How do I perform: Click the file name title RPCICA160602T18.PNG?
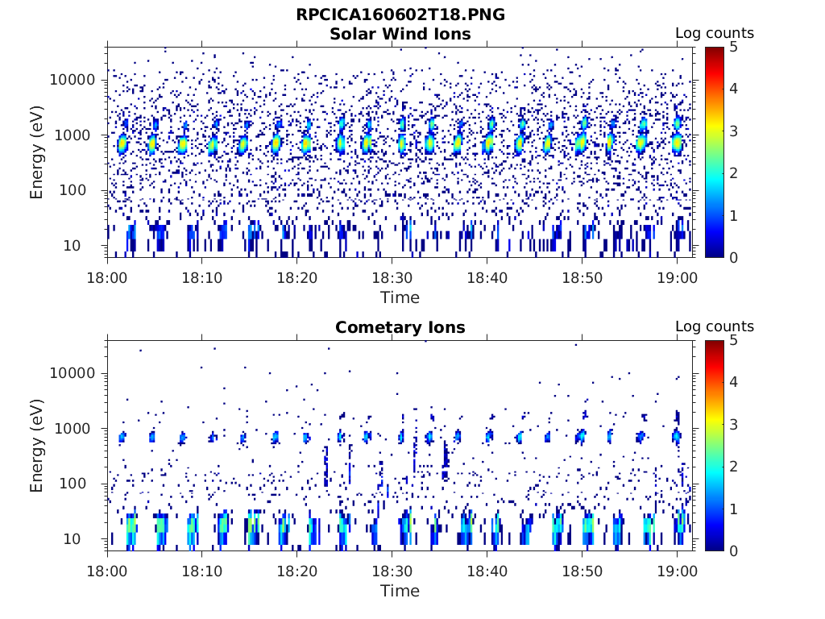tap(400, 15)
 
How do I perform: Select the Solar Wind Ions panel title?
tap(400, 34)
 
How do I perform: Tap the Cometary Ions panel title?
tap(400, 327)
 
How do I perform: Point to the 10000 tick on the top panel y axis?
tap(79, 80)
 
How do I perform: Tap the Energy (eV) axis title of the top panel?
tap(37, 153)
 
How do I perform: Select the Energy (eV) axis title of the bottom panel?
tap(37, 447)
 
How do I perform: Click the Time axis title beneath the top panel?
tap(400, 297)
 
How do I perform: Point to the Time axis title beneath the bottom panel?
tap(400, 591)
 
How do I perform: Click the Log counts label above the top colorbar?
tap(714, 33)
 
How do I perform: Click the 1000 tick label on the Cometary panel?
tap(82, 429)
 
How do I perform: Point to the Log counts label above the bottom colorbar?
tap(714, 326)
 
